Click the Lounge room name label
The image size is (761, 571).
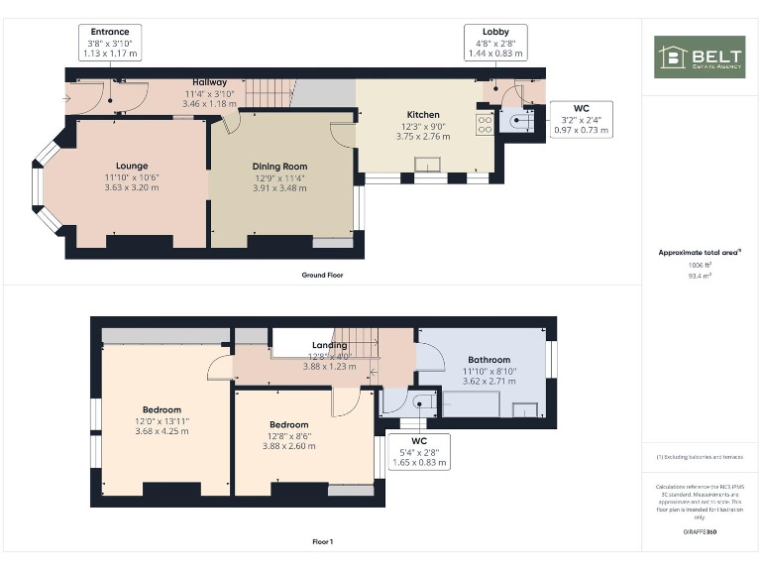(x=131, y=166)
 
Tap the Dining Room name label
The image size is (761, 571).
(x=279, y=167)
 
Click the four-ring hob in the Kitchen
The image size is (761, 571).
(x=486, y=124)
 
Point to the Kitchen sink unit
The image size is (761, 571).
(x=429, y=168)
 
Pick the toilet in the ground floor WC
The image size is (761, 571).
(x=520, y=121)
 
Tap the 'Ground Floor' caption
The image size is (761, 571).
(x=323, y=275)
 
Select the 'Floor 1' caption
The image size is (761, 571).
(x=323, y=542)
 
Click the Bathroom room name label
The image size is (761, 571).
(x=489, y=360)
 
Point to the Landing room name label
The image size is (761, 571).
(x=329, y=345)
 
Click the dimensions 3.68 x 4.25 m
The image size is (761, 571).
(x=162, y=430)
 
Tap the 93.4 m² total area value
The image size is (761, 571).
(x=701, y=277)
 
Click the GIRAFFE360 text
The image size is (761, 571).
(x=700, y=532)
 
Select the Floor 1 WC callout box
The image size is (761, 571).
(x=419, y=451)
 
